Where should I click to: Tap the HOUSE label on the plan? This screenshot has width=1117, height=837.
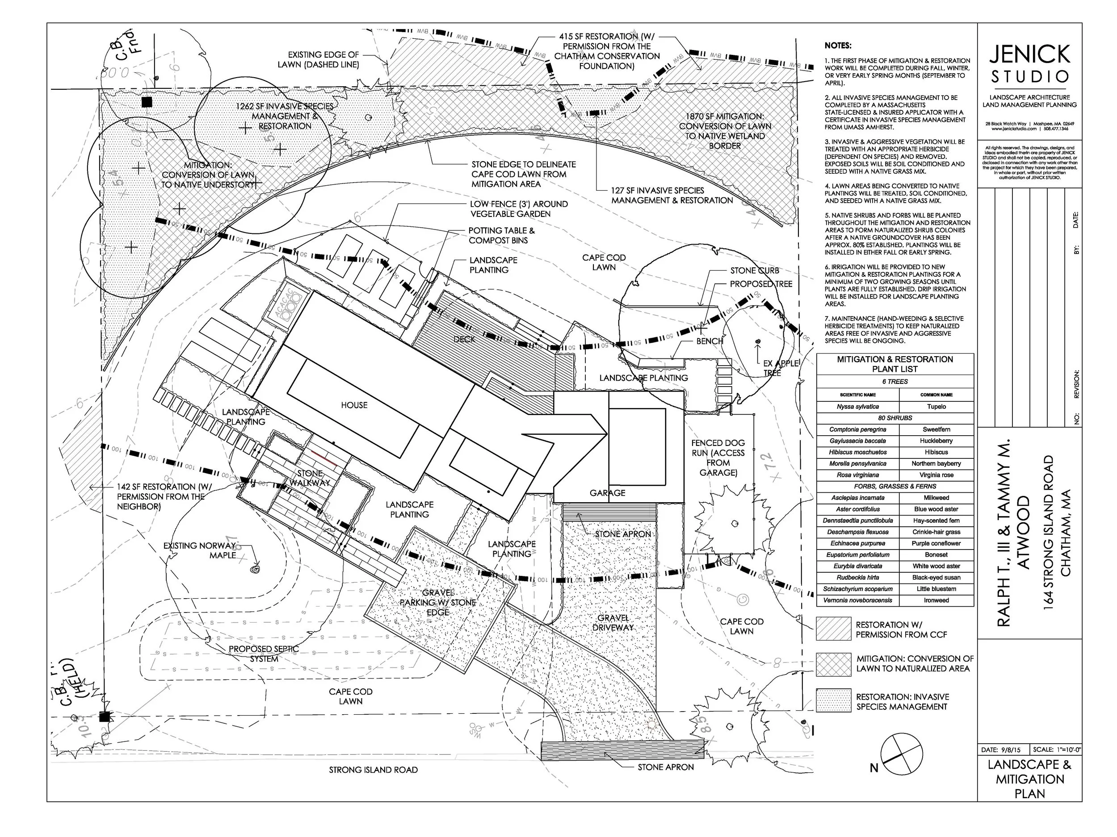pos(354,405)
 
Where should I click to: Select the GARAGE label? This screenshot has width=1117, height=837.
pos(608,493)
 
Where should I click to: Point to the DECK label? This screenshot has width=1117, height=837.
pos(464,339)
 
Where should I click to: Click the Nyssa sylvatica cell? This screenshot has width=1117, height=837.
pos(857,407)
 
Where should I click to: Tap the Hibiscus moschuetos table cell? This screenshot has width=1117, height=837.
pos(857,452)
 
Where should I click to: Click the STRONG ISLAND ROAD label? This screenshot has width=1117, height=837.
pos(373,770)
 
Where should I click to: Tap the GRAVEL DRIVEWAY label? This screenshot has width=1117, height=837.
pos(613,623)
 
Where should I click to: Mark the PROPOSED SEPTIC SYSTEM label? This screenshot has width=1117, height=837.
pos(264,654)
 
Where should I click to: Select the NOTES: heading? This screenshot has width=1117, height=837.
pos(838,46)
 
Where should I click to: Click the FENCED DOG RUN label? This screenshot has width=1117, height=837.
pos(718,458)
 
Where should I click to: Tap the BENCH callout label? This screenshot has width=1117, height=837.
pos(710,341)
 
